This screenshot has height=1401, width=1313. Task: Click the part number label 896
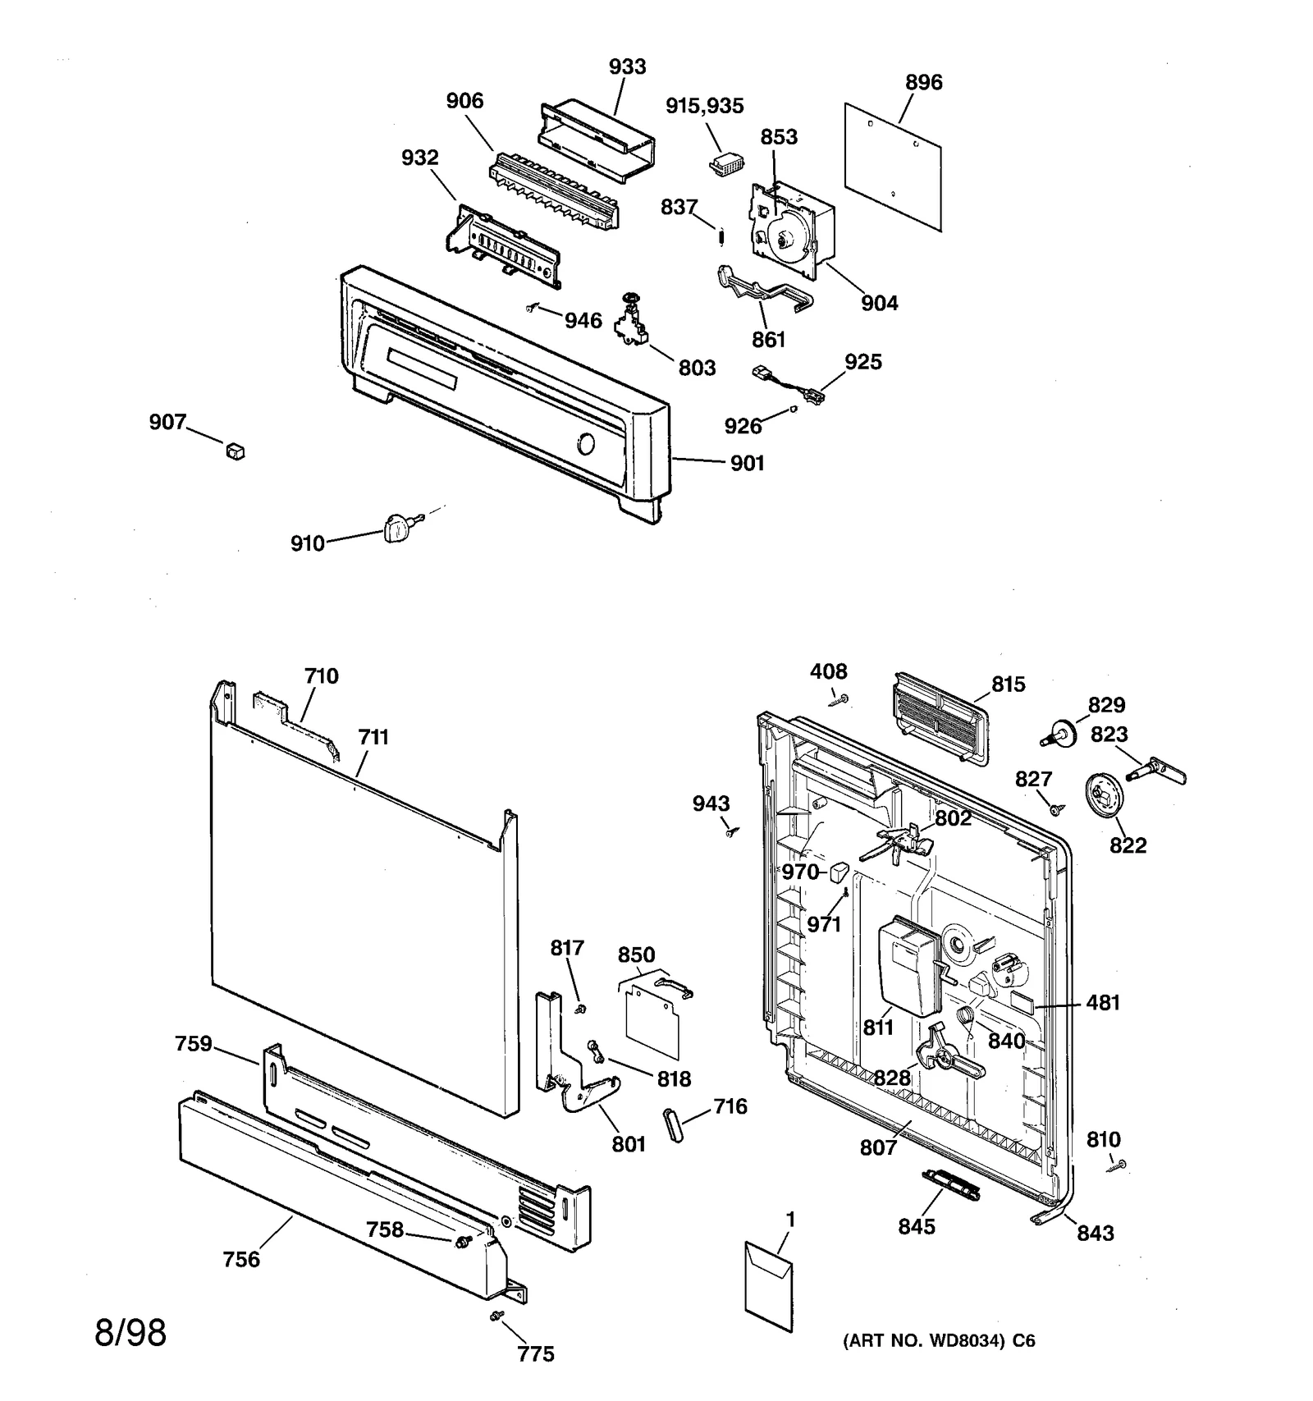click(x=923, y=82)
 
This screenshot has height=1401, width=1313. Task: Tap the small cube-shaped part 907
click(x=236, y=451)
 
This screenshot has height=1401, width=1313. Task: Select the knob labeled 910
click(x=396, y=526)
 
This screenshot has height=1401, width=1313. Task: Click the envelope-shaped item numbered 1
click(x=769, y=1287)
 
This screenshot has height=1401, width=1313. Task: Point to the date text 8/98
click(x=131, y=1333)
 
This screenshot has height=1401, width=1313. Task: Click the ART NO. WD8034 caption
click(x=939, y=1341)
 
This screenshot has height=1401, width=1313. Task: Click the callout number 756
click(x=241, y=1259)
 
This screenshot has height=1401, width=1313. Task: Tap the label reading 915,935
click(x=704, y=106)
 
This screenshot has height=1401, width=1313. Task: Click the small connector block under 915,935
click(x=726, y=164)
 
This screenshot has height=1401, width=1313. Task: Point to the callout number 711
click(x=373, y=737)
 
